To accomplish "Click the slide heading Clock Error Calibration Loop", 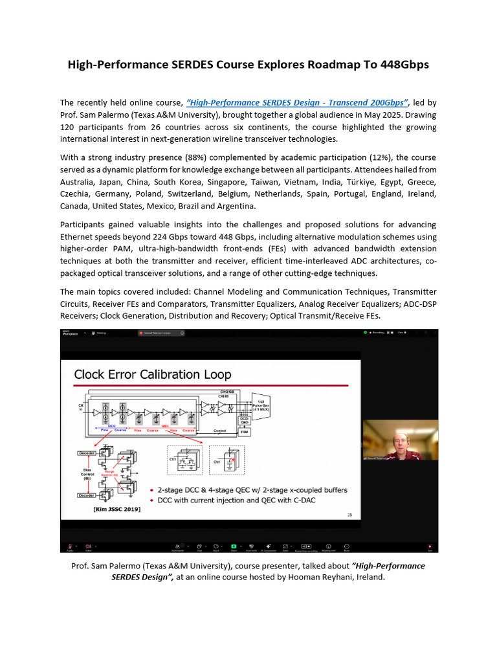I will click(x=152, y=374).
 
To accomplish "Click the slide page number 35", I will click(x=350, y=515).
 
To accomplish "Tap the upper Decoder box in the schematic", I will click(x=86, y=453).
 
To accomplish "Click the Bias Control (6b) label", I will click(x=87, y=472).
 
